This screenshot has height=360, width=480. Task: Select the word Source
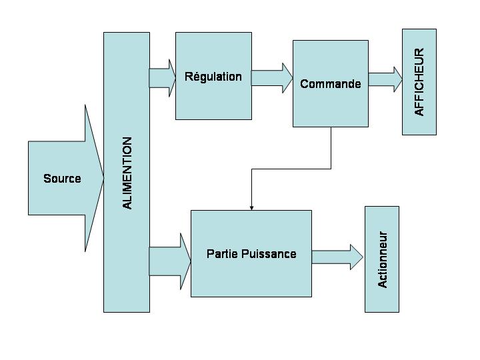pos(62,179)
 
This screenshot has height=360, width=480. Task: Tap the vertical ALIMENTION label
pos(127,173)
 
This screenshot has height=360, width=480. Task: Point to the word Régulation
pos(213,77)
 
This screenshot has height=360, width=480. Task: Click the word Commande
pos(331,84)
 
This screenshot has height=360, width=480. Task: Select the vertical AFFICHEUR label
pos(419,81)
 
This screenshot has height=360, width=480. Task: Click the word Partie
pos(219,254)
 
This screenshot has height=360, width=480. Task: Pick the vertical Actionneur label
pos(383,259)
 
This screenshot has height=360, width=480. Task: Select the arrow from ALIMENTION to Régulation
pos(162,77)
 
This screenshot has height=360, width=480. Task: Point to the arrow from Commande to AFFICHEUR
pos(385,79)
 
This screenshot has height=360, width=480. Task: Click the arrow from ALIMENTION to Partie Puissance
pos(169,261)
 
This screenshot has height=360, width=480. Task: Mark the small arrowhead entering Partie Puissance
pos(251,207)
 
